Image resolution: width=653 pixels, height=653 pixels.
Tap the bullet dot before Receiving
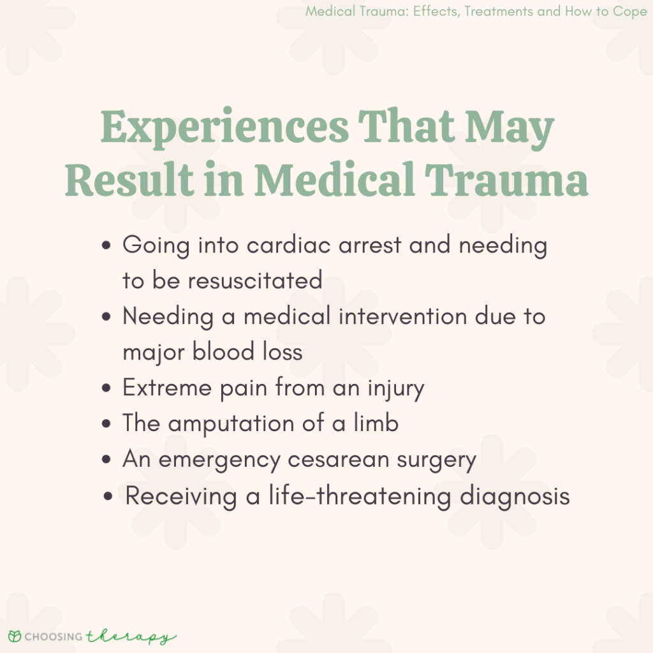[109, 496]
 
